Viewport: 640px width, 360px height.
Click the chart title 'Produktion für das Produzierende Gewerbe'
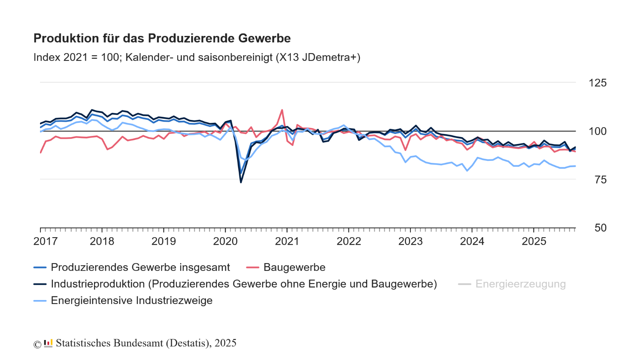pyautogui.click(x=162, y=38)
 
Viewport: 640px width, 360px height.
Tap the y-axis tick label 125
pyautogui.click(x=597, y=83)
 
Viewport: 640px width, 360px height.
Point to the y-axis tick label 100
pyautogui.click(x=597, y=131)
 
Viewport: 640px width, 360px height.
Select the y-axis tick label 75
pyautogui.click(x=600, y=180)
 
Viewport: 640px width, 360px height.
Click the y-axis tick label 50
pyautogui.click(x=600, y=228)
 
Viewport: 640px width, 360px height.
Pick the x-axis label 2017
pyautogui.click(x=46, y=241)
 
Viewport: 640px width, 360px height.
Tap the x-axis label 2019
pyautogui.click(x=164, y=241)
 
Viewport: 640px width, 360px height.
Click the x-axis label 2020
pyautogui.click(x=225, y=241)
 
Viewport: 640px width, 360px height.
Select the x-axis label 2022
pyautogui.click(x=349, y=241)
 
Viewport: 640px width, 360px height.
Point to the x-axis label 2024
pyautogui.click(x=472, y=241)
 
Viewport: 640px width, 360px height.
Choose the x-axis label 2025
pyautogui.click(x=534, y=241)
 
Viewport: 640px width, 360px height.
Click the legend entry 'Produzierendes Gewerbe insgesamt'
pyautogui.click(x=140, y=267)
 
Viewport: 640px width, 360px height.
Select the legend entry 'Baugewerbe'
pyautogui.click(x=294, y=267)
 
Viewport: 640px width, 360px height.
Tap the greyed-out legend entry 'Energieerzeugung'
pyautogui.click(x=520, y=284)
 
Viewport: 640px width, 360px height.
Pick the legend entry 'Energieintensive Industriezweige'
pyautogui.click(x=132, y=300)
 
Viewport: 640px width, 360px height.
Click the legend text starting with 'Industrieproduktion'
pyautogui.click(x=244, y=284)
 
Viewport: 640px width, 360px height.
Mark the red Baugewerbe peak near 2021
pyautogui.click(x=282, y=110)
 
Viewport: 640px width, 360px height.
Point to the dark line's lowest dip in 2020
pyautogui.click(x=241, y=182)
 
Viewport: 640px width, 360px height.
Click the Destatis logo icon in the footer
pyautogui.click(x=48, y=343)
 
